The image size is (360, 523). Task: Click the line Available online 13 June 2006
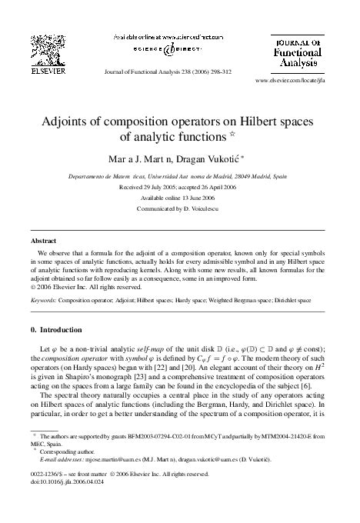click(179, 197)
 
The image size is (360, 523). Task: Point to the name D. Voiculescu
click(205, 208)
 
